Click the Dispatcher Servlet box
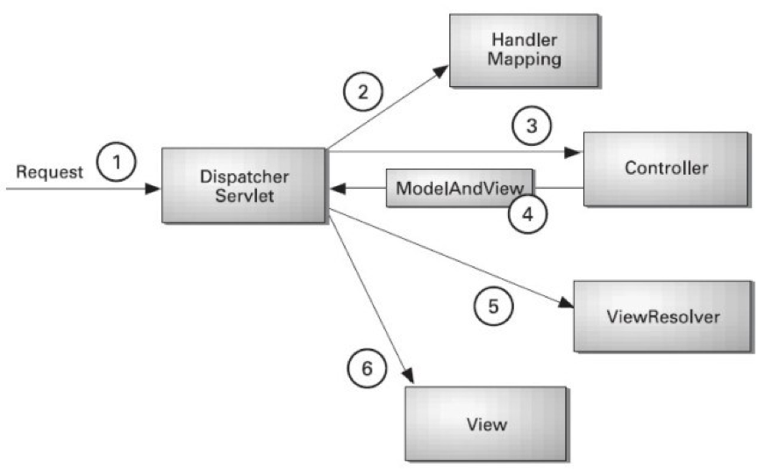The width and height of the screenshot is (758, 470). (244, 185)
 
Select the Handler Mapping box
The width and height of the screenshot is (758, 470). (524, 50)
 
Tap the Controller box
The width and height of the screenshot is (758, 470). (666, 169)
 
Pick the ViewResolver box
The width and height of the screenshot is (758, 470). (662, 316)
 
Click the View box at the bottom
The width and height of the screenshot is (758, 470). (486, 423)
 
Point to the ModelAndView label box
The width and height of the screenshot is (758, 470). (459, 188)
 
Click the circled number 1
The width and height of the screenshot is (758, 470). (116, 162)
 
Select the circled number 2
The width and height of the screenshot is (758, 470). (363, 91)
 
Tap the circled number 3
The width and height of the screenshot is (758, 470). (532, 126)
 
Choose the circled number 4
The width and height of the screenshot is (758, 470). (528, 213)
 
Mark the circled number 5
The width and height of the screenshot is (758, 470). (493, 306)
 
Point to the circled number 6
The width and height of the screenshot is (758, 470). (367, 368)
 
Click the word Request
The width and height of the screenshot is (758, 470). (49, 172)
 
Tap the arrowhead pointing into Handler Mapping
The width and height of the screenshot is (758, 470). (441, 72)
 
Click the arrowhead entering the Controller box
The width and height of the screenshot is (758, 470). (574, 153)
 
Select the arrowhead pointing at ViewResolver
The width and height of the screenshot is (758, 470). (566, 303)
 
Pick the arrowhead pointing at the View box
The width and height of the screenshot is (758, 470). (409, 376)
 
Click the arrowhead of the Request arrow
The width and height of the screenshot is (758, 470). (153, 188)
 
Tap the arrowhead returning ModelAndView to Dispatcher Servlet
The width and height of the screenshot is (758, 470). (338, 188)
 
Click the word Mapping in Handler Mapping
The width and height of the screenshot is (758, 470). (524, 60)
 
